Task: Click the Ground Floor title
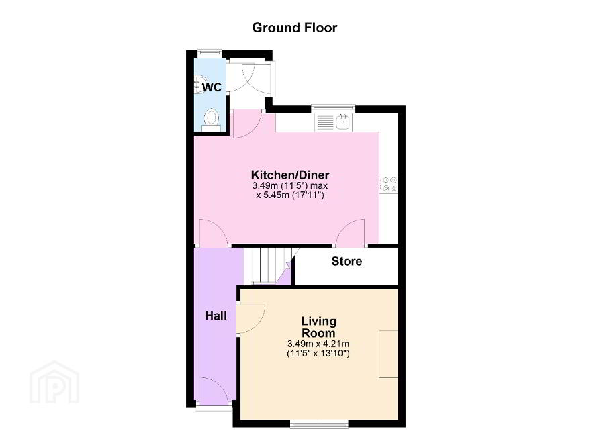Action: pyautogui.click(x=294, y=28)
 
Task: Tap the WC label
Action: pyautogui.click(x=212, y=87)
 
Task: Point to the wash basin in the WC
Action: pyautogui.click(x=198, y=84)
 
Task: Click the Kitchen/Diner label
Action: pyautogui.click(x=290, y=175)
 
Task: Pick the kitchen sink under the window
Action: pyautogui.click(x=333, y=122)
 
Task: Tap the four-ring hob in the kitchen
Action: pyautogui.click(x=389, y=185)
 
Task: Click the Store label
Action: pyautogui.click(x=347, y=261)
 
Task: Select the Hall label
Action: pyautogui.click(x=216, y=316)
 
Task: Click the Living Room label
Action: pyautogui.click(x=318, y=327)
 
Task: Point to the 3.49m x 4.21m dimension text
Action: pyautogui.click(x=318, y=344)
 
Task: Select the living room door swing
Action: pyautogui.click(x=251, y=319)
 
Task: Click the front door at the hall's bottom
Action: pyautogui.click(x=214, y=391)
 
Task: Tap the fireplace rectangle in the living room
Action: pyautogui.click(x=389, y=354)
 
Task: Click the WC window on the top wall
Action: pyautogui.click(x=209, y=54)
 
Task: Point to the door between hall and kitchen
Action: pyautogui.click(x=214, y=233)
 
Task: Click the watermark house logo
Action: pyautogui.click(x=54, y=382)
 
